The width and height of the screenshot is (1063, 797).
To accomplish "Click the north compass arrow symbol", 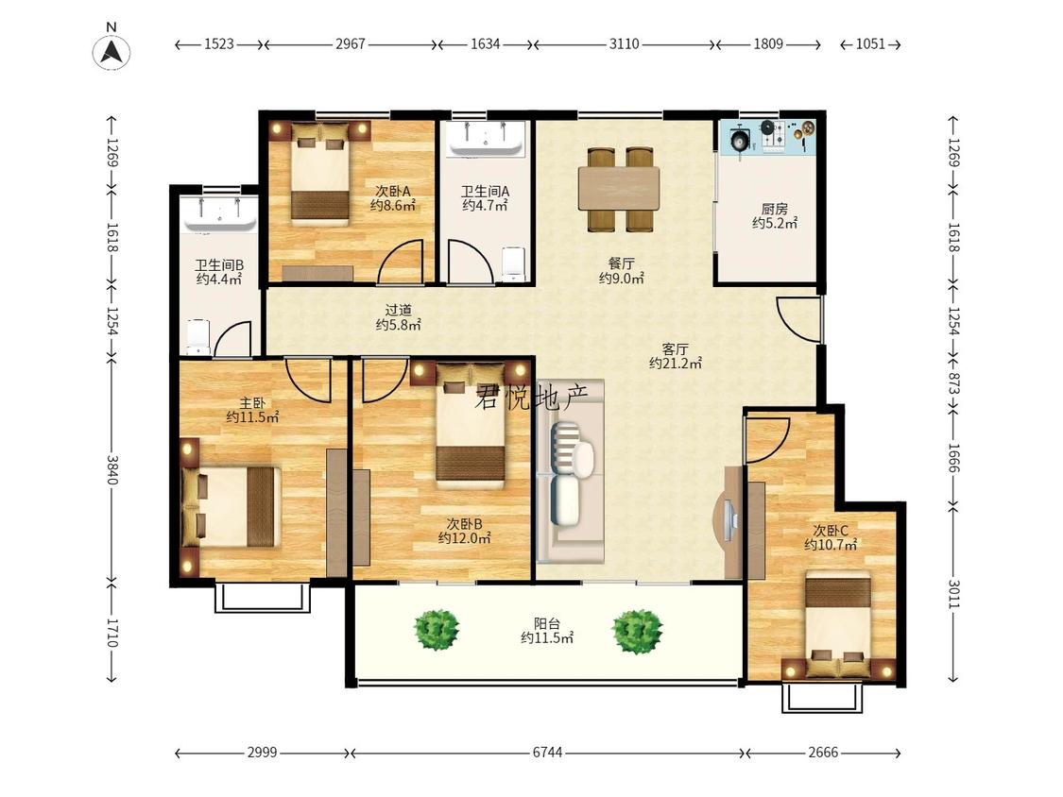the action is (x=111, y=52).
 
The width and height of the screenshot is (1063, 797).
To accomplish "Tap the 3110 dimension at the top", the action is (x=624, y=44).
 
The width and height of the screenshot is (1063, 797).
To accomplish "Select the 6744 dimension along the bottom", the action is (x=547, y=753).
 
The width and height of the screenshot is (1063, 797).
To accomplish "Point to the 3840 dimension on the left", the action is (x=111, y=469).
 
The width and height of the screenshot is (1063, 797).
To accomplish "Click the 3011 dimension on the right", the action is (x=953, y=594).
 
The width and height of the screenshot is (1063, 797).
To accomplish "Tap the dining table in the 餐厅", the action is (x=619, y=189).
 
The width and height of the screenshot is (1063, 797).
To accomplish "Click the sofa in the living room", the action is (x=570, y=470).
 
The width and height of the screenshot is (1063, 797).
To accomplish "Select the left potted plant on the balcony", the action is (x=437, y=630).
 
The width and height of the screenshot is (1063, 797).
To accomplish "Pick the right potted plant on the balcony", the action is (x=637, y=631).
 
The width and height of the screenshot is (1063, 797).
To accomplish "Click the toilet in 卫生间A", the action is (x=514, y=263).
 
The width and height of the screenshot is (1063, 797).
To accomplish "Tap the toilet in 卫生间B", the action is (x=198, y=335).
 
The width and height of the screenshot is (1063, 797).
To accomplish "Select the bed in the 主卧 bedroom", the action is (x=231, y=505).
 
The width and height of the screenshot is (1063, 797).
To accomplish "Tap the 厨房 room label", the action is (x=774, y=209).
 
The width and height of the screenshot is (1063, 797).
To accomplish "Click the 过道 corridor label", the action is (x=399, y=311).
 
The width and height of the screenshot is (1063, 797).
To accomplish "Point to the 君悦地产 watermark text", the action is (x=531, y=397).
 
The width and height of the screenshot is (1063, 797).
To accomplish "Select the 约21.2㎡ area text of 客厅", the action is (x=675, y=364).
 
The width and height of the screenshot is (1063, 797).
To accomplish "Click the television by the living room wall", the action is (x=729, y=522).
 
